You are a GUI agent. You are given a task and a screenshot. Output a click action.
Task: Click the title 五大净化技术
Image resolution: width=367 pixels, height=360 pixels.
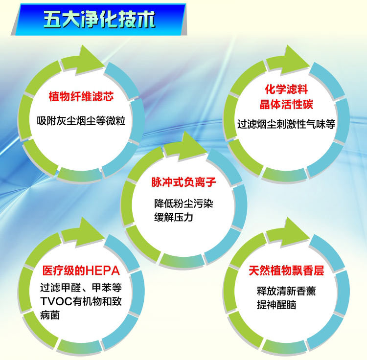click(x=100, y=20)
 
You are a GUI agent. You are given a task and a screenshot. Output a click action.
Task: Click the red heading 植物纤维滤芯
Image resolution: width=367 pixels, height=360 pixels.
click(x=81, y=97)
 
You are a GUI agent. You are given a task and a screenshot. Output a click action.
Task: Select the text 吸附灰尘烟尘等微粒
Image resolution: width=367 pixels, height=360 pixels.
click(x=81, y=120)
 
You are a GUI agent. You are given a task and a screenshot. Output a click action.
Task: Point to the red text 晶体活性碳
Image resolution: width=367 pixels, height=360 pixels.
click(x=286, y=105)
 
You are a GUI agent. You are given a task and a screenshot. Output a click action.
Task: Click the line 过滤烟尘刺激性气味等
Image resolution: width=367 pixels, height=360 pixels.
click(x=286, y=124)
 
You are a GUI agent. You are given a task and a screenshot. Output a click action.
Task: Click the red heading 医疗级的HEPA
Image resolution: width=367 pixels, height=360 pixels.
click(x=81, y=270)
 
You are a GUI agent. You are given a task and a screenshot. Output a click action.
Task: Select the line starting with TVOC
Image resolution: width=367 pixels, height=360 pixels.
click(x=81, y=301)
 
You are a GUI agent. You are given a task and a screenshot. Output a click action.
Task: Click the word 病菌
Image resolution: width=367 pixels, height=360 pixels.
click(x=50, y=315)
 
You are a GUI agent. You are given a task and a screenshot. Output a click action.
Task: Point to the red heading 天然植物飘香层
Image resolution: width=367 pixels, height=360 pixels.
click(x=286, y=270)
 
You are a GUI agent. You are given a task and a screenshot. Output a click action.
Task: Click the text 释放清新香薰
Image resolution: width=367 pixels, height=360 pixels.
click(x=286, y=291)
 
